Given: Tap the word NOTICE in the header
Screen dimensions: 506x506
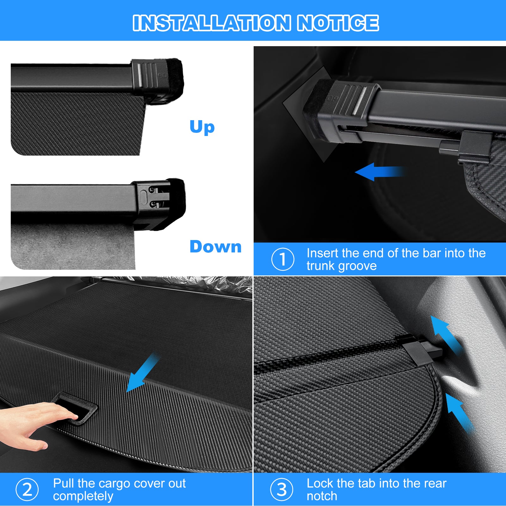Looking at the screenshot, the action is click(338, 23).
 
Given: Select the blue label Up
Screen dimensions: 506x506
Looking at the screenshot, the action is click(202, 127).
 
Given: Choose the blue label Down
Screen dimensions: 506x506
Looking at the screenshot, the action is click(216, 247).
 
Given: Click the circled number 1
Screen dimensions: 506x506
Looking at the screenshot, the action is click(283, 259).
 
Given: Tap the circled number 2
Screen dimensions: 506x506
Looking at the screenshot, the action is click(27, 490).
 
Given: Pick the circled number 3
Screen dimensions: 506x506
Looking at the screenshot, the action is click(282, 490).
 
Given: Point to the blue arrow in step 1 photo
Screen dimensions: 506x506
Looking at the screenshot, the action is click(379, 172).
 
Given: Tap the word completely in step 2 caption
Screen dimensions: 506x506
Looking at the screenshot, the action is click(83, 496).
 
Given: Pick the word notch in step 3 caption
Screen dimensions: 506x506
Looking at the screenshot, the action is click(322, 496).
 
